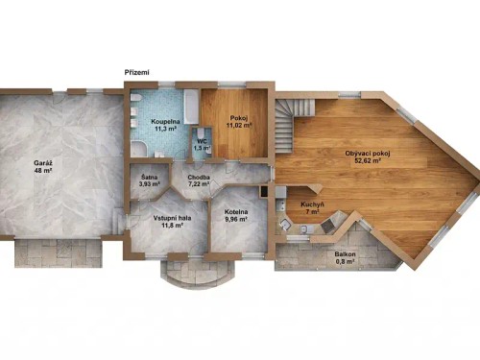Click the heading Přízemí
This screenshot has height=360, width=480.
(x=137, y=73)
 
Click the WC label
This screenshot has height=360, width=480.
(x=203, y=141)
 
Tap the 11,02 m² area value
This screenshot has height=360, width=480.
(x=237, y=125)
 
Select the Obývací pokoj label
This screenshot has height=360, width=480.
(x=370, y=153)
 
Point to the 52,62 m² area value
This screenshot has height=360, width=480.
(x=370, y=161)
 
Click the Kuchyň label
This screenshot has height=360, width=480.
(x=311, y=204)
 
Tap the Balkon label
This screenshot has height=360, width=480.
(x=344, y=253)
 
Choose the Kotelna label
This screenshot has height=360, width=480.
(x=236, y=211)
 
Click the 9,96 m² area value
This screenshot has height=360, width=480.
(x=236, y=220)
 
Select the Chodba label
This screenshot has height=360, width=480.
(x=200, y=176)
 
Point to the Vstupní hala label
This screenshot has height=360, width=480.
(x=170, y=217)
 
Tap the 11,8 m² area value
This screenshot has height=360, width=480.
(x=170, y=226)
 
